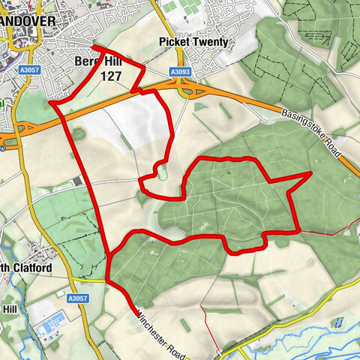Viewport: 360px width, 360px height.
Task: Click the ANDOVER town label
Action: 27,21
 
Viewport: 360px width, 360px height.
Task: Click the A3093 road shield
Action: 180,72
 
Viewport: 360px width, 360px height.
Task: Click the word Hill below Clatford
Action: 9,308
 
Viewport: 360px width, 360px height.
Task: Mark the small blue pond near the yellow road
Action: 340,322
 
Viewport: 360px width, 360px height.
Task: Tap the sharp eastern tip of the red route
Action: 310,173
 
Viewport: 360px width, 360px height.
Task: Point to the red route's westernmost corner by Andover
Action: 49,102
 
